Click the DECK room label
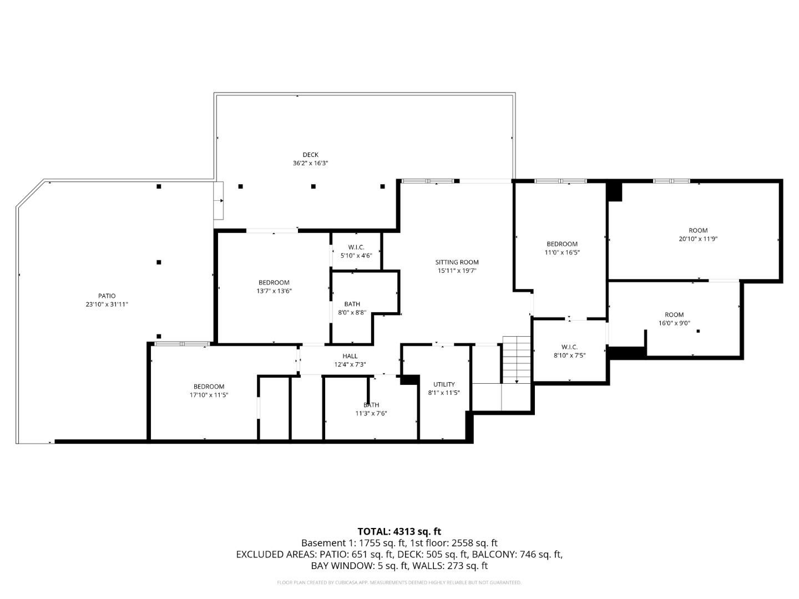tap(310, 155)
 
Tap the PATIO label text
tap(107, 296)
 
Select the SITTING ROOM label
tap(456, 262)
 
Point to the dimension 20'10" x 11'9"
tap(698, 239)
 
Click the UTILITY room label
tap(444, 384)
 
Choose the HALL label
tap(350, 356)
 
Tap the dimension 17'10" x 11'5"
tap(209, 395)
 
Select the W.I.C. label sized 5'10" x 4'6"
tap(356, 247)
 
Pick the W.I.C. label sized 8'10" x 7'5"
tap(569, 347)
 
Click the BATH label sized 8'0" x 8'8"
tap(352, 304)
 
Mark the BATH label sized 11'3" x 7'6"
tap(371, 405)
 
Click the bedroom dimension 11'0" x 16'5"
tap(562, 252)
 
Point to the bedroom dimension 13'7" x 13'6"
tap(274, 291)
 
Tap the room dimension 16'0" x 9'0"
tap(674, 323)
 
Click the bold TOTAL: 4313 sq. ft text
tap(399, 531)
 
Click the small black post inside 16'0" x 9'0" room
tap(698, 331)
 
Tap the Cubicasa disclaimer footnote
tap(399, 582)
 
